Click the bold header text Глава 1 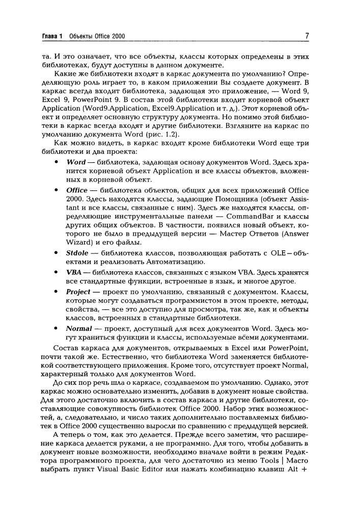52,37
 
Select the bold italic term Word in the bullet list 76,162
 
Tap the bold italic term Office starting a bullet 77,190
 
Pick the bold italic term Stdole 77,252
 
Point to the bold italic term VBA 74,272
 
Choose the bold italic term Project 78,292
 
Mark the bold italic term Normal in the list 79,329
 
